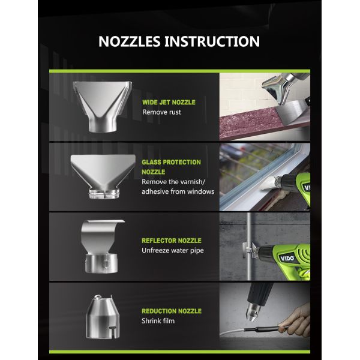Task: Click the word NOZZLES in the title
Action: click(x=129, y=41)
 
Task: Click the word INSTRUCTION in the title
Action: click(x=212, y=41)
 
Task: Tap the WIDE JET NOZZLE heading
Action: click(x=169, y=102)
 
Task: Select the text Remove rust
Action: click(x=161, y=112)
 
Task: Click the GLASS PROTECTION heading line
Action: click(x=171, y=162)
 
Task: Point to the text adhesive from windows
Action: click(x=178, y=191)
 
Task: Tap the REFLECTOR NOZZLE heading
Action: click(x=172, y=241)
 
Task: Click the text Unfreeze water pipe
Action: click(x=173, y=250)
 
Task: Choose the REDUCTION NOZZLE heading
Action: click(x=172, y=311)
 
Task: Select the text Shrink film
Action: click(x=158, y=321)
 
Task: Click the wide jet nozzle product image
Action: click(x=103, y=107)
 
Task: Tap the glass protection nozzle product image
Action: click(x=103, y=176)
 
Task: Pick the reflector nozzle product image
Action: click(x=102, y=247)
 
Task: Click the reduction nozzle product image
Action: click(x=103, y=317)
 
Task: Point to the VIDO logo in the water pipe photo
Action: click(x=287, y=258)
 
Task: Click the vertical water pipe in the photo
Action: click(x=248, y=247)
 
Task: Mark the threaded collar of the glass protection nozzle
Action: click(x=104, y=194)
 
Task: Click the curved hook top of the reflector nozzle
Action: click(x=103, y=222)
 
